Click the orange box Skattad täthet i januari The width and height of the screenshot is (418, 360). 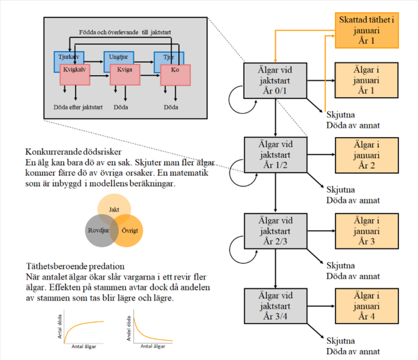(x=367, y=30)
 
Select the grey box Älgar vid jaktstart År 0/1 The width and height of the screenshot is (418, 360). (x=275, y=80)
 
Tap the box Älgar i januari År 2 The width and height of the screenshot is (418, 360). (x=367, y=155)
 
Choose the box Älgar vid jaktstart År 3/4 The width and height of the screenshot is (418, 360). (x=276, y=306)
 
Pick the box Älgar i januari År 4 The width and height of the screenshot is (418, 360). (x=367, y=306)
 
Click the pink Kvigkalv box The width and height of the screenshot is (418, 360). (x=75, y=75)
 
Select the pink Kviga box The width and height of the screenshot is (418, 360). (x=125, y=75)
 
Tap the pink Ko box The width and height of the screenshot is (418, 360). (x=175, y=75)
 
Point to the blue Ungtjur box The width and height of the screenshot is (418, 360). (x=119, y=57)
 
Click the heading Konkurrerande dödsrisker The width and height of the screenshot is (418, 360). (x=73, y=152)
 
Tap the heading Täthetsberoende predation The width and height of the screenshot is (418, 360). (x=75, y=266)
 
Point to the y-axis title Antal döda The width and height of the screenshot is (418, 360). (x=60, y=326)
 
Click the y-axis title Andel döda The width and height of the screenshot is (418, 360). (x=129, y=329)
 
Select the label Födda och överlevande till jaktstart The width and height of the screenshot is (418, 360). (x=125, y=32)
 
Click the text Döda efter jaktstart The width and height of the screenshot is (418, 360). (x=78, y=107)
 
